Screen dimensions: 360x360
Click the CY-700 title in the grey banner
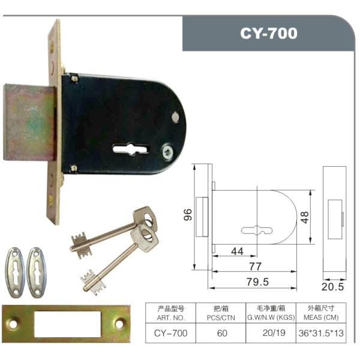coord(269,33)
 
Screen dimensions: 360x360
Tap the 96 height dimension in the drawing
coord(188,215)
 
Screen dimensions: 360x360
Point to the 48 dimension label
coord(305,217)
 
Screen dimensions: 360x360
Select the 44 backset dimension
coord(237,251)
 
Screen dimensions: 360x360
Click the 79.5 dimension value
coord(257,282)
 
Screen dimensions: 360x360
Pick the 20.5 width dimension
coord(332,287)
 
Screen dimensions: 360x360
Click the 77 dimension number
coord(256,266)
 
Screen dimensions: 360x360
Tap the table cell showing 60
coord(222,333)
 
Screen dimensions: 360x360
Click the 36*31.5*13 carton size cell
coord(321,333)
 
